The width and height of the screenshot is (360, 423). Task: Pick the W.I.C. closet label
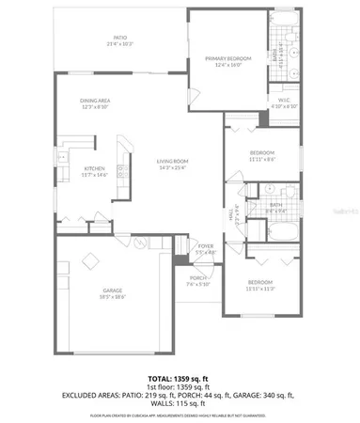284,101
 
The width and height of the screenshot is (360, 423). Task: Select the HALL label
230,214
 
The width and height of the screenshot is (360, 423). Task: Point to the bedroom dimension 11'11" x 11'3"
261,287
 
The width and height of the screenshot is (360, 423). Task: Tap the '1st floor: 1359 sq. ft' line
181,384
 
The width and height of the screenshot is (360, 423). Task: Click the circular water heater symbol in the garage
138,243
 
